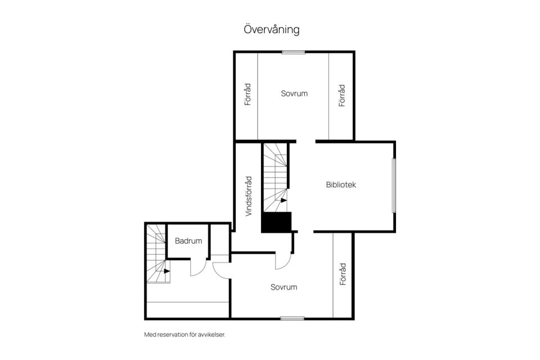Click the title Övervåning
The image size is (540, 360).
coord(271,29)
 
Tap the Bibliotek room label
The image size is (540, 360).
coord(341,184)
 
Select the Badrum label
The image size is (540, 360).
coord(188,241)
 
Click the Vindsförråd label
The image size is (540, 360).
coord(249,196)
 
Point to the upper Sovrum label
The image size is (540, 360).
coord(294,93)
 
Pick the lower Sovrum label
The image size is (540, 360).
coord(283,287)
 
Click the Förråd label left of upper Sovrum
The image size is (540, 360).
coord(247,94)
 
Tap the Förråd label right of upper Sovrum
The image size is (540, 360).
coord(341,96)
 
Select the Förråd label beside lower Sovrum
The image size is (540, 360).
coord(343,274)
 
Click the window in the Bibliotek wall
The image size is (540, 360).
coord(394,185)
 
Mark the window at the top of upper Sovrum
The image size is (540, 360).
coord(294,53)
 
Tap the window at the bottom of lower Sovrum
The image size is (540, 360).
coord(292,318)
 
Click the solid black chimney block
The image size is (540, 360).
coord(276,222)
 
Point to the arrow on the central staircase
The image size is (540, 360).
coord(283,200)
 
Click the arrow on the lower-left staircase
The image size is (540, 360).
coord(167,271)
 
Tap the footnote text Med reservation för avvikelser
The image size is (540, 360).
coord(185,335)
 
